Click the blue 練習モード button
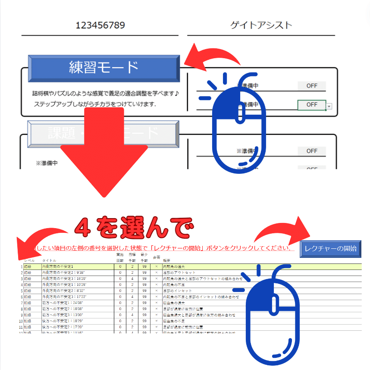pyautogui.click(x=103, y=68)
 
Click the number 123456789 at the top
pyautogui.click(x=100, y=25)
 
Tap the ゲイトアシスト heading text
pyautogui.click(x=261, y=25)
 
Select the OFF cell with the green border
pyautogui.click(x=311, y=105)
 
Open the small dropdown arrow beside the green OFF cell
pyautogui.click(x=329, y=106)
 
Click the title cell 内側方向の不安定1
pyautogui.click(x=60, y=267)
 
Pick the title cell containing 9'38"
pyautogui.click(x=63, y=273)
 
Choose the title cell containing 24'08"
pyautogui.click(x=62, y=303)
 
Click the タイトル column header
pyautogui.click(x=49, y=261)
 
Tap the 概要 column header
pyautogui.click(x=166, y=261)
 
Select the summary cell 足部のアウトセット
pyautogui.click(x=179, y=273)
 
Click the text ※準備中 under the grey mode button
pyautogui.click(x=46, y=163)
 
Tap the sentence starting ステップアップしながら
pyautogui.click(x=95, y=104)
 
